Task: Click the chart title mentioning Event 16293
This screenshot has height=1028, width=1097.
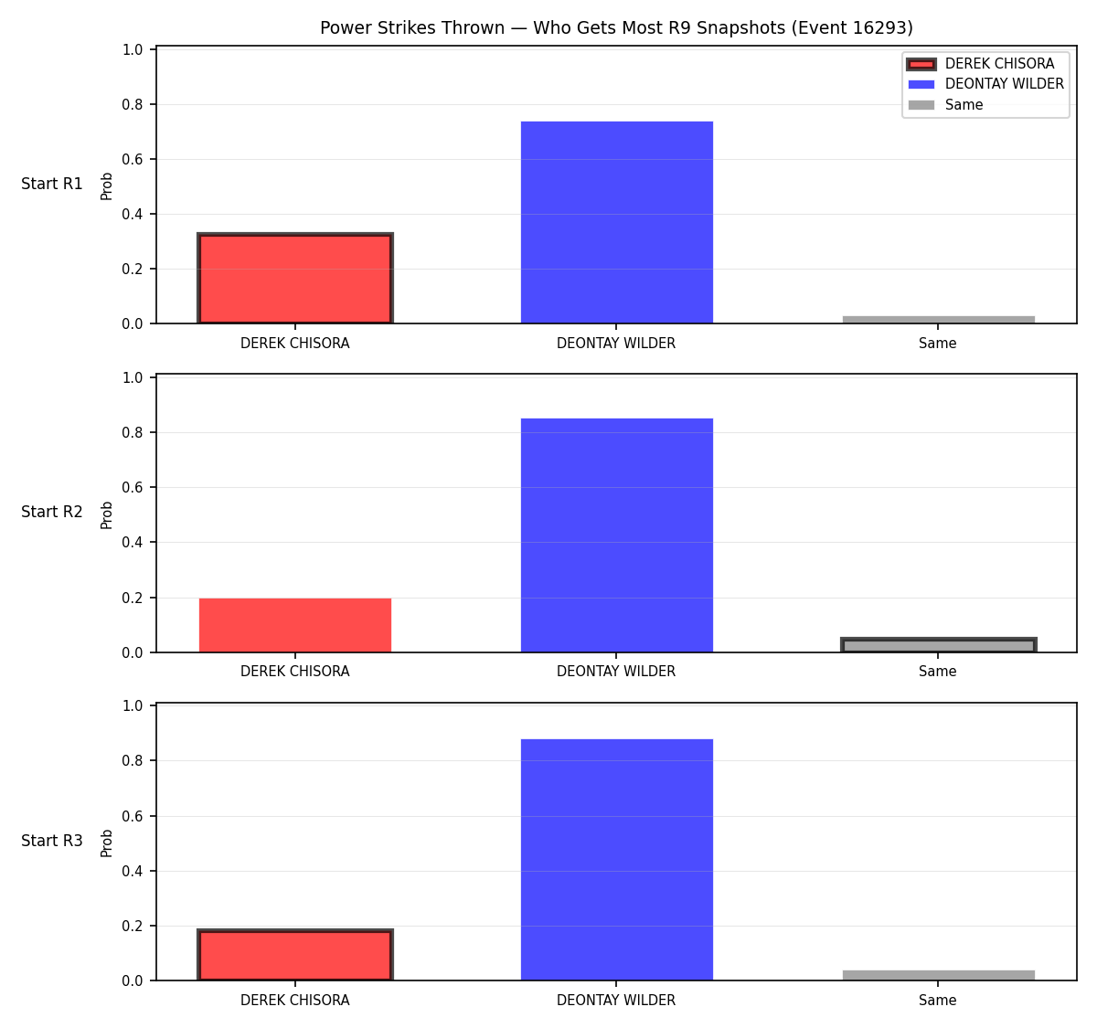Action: point(616,27)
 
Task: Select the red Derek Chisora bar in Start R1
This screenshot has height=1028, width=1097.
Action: point(295,278)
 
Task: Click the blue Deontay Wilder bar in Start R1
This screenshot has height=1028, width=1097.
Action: point(616,222)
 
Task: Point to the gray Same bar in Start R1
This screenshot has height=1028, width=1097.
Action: point(938,319)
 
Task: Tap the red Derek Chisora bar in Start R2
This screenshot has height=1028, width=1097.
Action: point(295,625)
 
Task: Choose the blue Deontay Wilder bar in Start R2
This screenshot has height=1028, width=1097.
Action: point(616,535)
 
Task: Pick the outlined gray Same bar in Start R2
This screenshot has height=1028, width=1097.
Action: point(938,644)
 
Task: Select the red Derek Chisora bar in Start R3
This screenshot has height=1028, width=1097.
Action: point(295,955)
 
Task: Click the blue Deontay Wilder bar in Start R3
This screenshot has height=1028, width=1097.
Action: point(616,860)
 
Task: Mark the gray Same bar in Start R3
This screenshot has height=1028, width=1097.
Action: point(938,976)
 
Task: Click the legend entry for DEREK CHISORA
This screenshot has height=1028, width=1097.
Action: point(980,64)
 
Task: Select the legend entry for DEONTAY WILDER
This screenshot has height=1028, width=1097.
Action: point(985,84)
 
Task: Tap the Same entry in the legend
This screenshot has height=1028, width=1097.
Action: point(945,105)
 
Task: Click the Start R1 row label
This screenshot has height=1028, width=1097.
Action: point(52,184)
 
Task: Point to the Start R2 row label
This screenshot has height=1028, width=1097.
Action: point(52,512)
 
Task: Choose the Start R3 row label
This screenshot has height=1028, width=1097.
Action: point(52,840)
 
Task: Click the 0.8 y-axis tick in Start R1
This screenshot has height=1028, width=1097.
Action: point(132,104)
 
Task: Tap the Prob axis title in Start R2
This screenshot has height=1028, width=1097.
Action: point(106,514)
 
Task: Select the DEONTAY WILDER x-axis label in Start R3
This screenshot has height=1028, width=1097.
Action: point(616,1000)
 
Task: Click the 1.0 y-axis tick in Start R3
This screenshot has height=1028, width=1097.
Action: point(132,705)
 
